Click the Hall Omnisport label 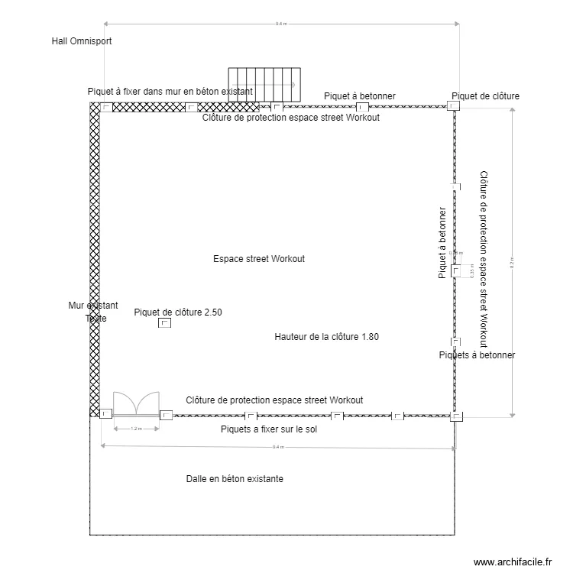81,41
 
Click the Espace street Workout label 259,259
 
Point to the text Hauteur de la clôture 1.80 326,336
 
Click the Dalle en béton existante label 235,479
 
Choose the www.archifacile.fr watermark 513,562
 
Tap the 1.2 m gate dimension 136,429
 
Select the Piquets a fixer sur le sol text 268,429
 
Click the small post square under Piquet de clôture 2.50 164,324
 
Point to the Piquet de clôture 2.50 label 178,312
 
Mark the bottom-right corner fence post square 456,416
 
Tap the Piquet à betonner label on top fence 360,96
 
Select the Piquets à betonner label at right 477,355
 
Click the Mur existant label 93,306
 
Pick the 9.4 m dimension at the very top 281,24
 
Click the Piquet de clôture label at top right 486,96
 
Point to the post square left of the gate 105,414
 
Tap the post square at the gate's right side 166,415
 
